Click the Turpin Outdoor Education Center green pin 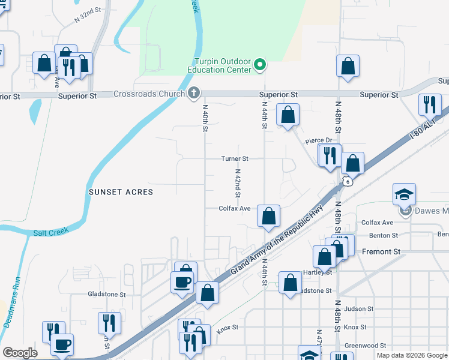click(260, 65)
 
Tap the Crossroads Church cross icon click(193, 93)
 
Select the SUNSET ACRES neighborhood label click(121, 192)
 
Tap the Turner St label click(234, 159)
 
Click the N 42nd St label click(238, 183)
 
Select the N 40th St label click(205, 118)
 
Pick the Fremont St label click(381, 252)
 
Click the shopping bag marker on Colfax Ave click(269, 215)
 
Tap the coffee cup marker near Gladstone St click(182, 281)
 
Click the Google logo click(20, 353)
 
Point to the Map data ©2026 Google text click(411, 355)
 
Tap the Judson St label click(360, 309)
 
